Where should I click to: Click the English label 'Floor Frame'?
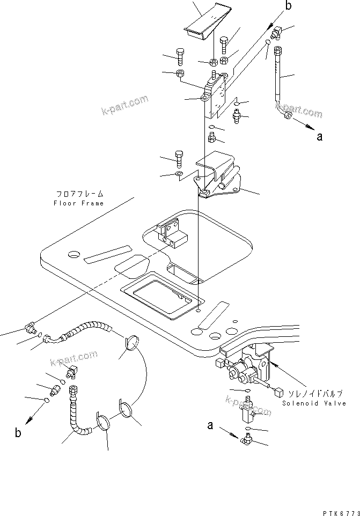(78, 203)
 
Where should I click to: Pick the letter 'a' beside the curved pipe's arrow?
(320, 136)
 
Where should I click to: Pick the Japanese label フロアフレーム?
(79, 194)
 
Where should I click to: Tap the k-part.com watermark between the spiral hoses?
(73, 357)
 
